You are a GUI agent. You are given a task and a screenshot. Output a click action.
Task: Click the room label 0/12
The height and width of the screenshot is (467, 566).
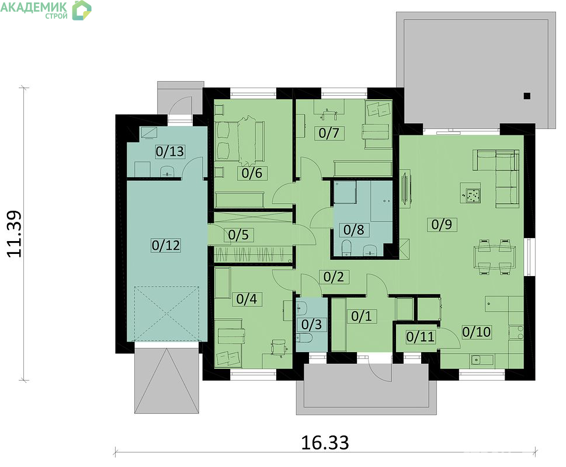(x=166, y=245)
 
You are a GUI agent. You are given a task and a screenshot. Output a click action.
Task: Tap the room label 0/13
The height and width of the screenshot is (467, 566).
(x=169, y=151)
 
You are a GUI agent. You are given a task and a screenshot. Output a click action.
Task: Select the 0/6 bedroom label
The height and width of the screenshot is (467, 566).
(x=252, y=173)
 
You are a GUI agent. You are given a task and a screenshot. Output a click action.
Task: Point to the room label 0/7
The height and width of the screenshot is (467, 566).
(x=329, y=133)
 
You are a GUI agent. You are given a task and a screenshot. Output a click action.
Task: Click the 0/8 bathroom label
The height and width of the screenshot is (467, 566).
(x=354, y=230)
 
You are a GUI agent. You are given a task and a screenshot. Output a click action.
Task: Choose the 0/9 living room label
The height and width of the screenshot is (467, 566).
(x=442, y=224)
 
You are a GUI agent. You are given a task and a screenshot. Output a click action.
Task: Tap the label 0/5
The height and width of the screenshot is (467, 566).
(x=238, y=235)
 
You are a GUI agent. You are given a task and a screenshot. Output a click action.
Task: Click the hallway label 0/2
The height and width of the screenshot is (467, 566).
(x=334, y=277)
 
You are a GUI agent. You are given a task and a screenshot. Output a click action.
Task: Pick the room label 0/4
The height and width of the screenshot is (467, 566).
(x=246, y=299)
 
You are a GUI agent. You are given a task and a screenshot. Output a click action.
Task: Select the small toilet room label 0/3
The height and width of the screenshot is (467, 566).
(x=311, y=325)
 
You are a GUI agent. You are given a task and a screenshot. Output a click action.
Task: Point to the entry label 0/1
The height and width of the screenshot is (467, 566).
(x=362, y=316)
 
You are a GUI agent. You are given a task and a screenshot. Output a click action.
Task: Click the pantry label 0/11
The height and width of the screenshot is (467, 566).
(x=421, y=337)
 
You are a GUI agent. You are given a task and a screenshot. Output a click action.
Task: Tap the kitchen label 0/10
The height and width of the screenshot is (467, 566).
(x=477, y=332)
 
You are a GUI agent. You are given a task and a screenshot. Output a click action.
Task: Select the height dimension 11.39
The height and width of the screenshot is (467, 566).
(x=15, y=233)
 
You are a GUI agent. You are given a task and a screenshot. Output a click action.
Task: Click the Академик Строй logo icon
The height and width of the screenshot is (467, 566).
(x=82, y=10)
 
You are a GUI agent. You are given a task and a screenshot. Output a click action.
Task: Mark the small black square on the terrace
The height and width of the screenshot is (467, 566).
(x=527, y=96)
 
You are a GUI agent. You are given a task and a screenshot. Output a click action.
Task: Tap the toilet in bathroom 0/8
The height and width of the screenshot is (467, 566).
(x=346, y=248)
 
